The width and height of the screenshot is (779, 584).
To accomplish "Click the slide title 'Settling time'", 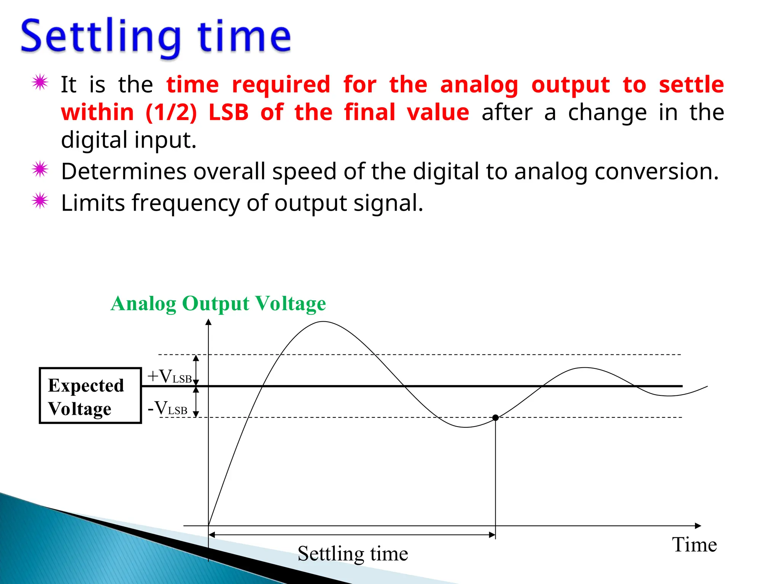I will [156, 37].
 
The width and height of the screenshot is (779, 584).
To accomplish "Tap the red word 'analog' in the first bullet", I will [479, 85].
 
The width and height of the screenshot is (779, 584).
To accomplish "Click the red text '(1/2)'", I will [171, 113].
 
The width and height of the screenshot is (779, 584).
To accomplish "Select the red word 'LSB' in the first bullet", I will [228, 113].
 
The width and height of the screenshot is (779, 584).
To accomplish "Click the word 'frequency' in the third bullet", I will [186, 203].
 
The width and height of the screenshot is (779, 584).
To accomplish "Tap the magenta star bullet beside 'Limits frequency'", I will [40, 201].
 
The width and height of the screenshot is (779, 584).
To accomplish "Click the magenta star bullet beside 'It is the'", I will [40, 82].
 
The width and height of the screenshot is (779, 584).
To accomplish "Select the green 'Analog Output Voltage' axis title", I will [218, 303].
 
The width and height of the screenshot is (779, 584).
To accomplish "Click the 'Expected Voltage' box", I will [90, 395].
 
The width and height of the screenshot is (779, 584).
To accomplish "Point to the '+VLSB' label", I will [170, 376].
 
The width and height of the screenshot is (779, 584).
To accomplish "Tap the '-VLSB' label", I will [167, 408].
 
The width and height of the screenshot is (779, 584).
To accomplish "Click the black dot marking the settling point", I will [495, 417].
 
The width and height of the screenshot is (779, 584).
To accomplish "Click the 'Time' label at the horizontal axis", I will [694, 544].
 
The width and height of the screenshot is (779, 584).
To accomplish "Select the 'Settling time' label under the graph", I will [353, 554].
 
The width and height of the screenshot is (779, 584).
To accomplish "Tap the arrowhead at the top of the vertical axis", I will [208, 322].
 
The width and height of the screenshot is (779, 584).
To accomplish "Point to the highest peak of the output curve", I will [323, 322].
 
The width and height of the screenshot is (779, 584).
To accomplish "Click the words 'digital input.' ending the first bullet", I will [129, 140].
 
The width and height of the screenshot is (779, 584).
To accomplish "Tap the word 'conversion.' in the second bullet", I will [657, 171].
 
